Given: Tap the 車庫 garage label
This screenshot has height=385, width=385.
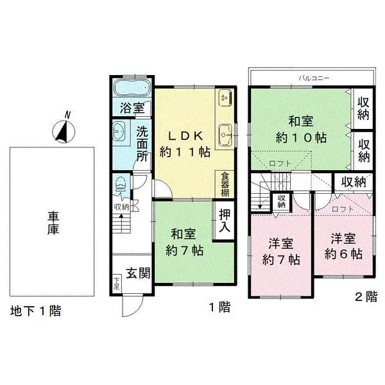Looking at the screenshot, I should tap(53, 223).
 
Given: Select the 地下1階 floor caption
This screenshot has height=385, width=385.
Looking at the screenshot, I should tap(36, 311).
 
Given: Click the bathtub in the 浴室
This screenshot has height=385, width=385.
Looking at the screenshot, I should tap(132, 89).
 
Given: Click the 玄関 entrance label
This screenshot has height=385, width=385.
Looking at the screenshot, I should tap(137, 273).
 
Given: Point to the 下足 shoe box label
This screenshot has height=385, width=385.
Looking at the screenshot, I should tap(117, 282).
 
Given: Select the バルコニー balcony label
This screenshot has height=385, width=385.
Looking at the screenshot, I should tap(314, 78).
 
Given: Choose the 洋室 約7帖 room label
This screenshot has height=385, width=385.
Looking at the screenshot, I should tap(281, 252).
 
